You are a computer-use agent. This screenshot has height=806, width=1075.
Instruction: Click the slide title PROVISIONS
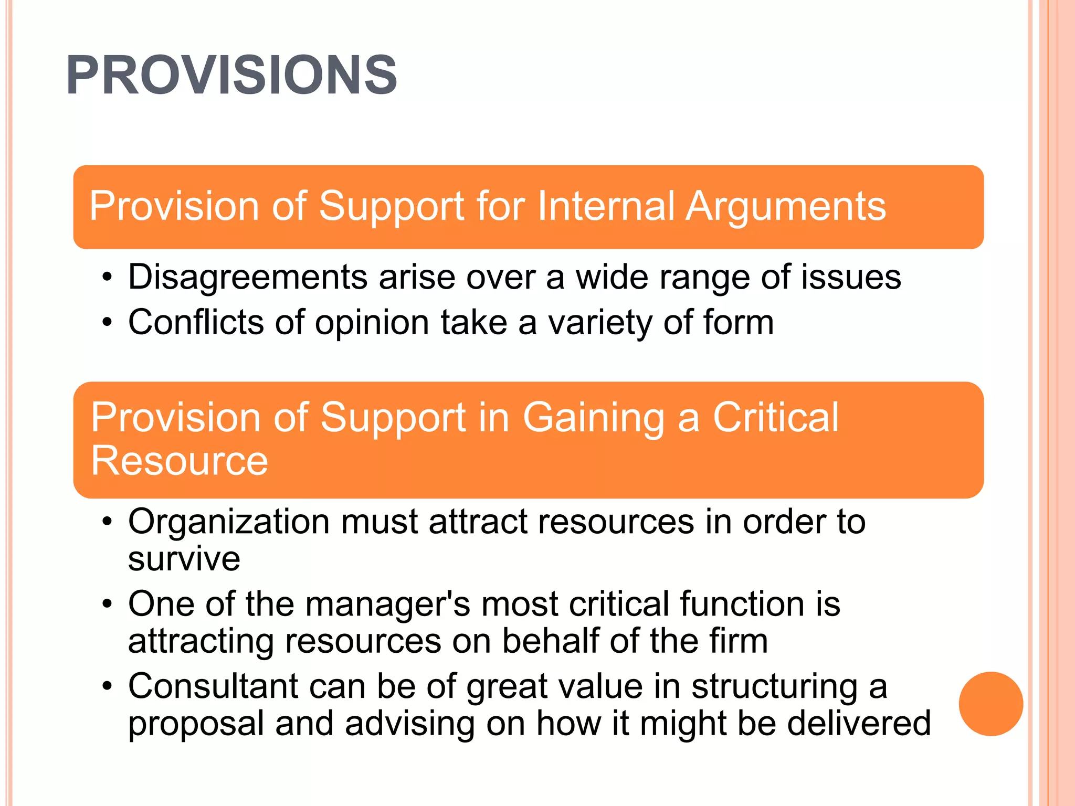(231, 76)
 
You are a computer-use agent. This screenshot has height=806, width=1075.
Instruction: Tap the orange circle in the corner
(990, 704)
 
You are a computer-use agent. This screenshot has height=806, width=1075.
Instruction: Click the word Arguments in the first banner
(786, 206)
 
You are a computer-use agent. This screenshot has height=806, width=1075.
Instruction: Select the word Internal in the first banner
(606, 206)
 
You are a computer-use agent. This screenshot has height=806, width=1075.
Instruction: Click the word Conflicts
(196, 322)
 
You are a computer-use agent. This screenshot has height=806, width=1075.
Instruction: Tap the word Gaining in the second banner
(594, 418)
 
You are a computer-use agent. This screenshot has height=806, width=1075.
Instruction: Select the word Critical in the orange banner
(775, 418)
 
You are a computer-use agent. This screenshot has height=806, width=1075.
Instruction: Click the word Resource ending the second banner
(179, 461)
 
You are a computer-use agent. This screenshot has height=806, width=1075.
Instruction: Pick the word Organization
(229, 523)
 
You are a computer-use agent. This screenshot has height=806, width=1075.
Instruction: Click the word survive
(184, 559)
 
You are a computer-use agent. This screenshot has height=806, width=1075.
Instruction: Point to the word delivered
(859, 724)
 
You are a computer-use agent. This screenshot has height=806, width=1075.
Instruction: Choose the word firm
(738, 641)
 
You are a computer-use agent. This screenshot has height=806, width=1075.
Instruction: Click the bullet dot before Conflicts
(107, 322)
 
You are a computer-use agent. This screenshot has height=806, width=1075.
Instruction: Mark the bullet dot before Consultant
(107, 686)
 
